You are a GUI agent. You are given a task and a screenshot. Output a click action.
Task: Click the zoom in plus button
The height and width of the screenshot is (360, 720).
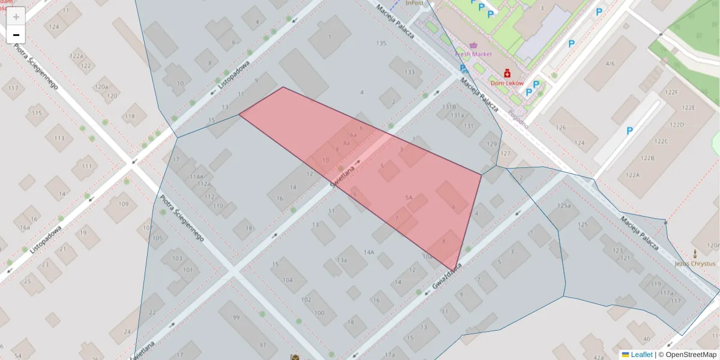click(x=16, y=16)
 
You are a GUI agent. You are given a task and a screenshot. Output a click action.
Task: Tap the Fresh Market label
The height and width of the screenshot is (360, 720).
click(x=473, y=54)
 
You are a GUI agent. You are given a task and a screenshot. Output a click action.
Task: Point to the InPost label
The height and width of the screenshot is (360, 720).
click(x=415, y=3)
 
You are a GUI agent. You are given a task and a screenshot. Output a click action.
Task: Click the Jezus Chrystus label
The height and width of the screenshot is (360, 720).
click(x=694, y=263)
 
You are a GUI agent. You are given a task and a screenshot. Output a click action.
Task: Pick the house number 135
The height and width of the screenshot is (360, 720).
click(x=381, y=43)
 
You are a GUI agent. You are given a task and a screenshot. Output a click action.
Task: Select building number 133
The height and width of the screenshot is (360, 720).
click(x=410, y=72)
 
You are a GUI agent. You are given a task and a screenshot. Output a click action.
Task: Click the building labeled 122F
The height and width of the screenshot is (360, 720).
click(x=672, y=92)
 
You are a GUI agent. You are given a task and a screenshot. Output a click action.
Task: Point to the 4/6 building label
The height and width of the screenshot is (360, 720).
click(x=610, y=63)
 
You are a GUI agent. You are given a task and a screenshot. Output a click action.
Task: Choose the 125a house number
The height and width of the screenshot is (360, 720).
click(x=563, y=206)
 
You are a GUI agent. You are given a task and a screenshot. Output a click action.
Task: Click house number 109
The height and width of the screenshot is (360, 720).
click(x=123, y=204)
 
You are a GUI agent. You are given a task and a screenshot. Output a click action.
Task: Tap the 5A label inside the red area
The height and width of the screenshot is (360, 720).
click(x=409, y=197)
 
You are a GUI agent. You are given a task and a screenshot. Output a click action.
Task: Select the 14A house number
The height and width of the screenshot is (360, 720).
click(x=368, y=253)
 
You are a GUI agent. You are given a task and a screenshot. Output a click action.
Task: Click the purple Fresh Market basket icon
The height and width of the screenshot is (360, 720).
click(x=474, y=45)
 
